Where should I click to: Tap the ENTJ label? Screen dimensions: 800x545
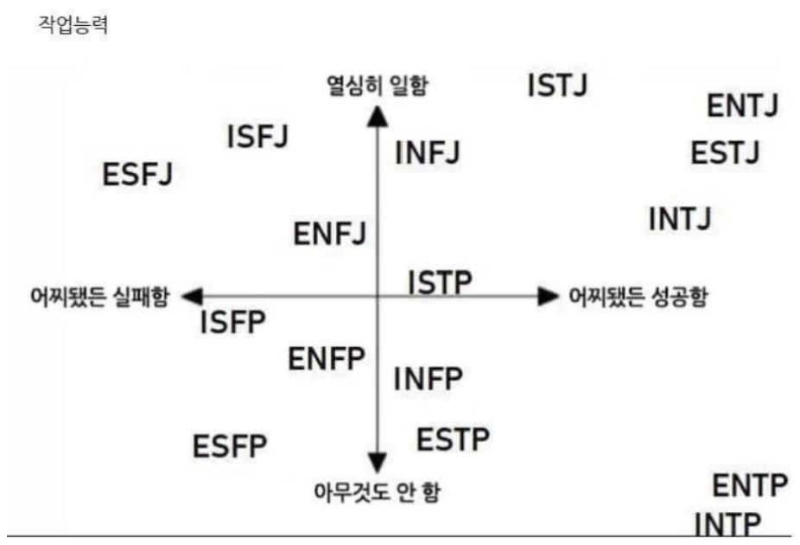743,106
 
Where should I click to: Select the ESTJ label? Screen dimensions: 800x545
725,154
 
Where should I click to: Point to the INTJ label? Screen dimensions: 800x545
680,219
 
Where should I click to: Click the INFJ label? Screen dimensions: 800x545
427,154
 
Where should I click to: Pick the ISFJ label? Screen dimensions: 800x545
257,137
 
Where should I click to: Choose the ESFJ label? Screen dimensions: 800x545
137,174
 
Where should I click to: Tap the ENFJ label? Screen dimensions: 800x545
330,233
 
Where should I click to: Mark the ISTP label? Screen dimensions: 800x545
441,281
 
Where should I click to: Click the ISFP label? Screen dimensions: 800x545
232,324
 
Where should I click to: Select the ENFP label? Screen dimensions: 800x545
327,358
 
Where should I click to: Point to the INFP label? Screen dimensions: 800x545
429,378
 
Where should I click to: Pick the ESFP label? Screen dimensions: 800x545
230,447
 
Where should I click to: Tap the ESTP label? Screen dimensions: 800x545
453,439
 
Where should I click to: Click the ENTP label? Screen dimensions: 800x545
750,486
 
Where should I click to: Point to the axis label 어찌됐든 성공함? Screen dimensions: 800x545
638,297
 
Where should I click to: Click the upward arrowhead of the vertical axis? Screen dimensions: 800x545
377,115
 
